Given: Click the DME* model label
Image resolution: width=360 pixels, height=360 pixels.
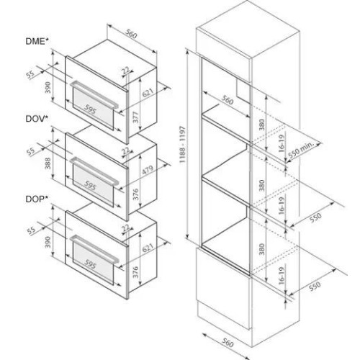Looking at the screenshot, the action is point(37,41).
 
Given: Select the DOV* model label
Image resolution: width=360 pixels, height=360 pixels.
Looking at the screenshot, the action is point(37,119).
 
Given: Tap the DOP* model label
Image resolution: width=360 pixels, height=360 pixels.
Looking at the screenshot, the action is point(37,199).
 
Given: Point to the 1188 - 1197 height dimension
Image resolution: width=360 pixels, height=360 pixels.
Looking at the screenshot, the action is point(183,145).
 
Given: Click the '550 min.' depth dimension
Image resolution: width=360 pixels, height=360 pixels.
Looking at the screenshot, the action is point(301,150).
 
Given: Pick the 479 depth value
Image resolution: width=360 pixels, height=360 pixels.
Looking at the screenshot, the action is point(148,170).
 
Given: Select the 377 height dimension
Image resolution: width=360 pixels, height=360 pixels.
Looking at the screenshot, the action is point(136,117).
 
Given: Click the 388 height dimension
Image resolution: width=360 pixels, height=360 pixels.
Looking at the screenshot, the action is point(48,163).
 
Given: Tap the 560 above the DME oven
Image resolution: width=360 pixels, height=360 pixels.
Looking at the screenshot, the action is point(131,34).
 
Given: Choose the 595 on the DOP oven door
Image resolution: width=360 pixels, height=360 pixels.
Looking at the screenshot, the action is point(90,264).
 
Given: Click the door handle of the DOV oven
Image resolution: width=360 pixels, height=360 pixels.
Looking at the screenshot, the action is point(94,171).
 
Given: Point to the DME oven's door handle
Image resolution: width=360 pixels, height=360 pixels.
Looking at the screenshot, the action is point(94,95).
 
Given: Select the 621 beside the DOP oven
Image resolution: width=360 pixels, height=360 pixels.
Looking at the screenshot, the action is point(148,248).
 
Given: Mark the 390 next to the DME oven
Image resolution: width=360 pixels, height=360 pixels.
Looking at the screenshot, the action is point(48,87).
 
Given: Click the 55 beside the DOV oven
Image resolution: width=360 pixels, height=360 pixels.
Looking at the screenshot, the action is point(30,152).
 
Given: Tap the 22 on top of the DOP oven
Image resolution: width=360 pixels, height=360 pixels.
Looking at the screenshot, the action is point(126,228).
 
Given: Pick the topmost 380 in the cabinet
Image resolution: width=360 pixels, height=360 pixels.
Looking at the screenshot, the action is point(261,125).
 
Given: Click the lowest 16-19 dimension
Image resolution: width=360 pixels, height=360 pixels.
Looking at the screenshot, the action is point(282,276).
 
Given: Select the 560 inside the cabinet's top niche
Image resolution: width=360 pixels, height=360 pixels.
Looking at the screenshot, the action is point(227,100).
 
